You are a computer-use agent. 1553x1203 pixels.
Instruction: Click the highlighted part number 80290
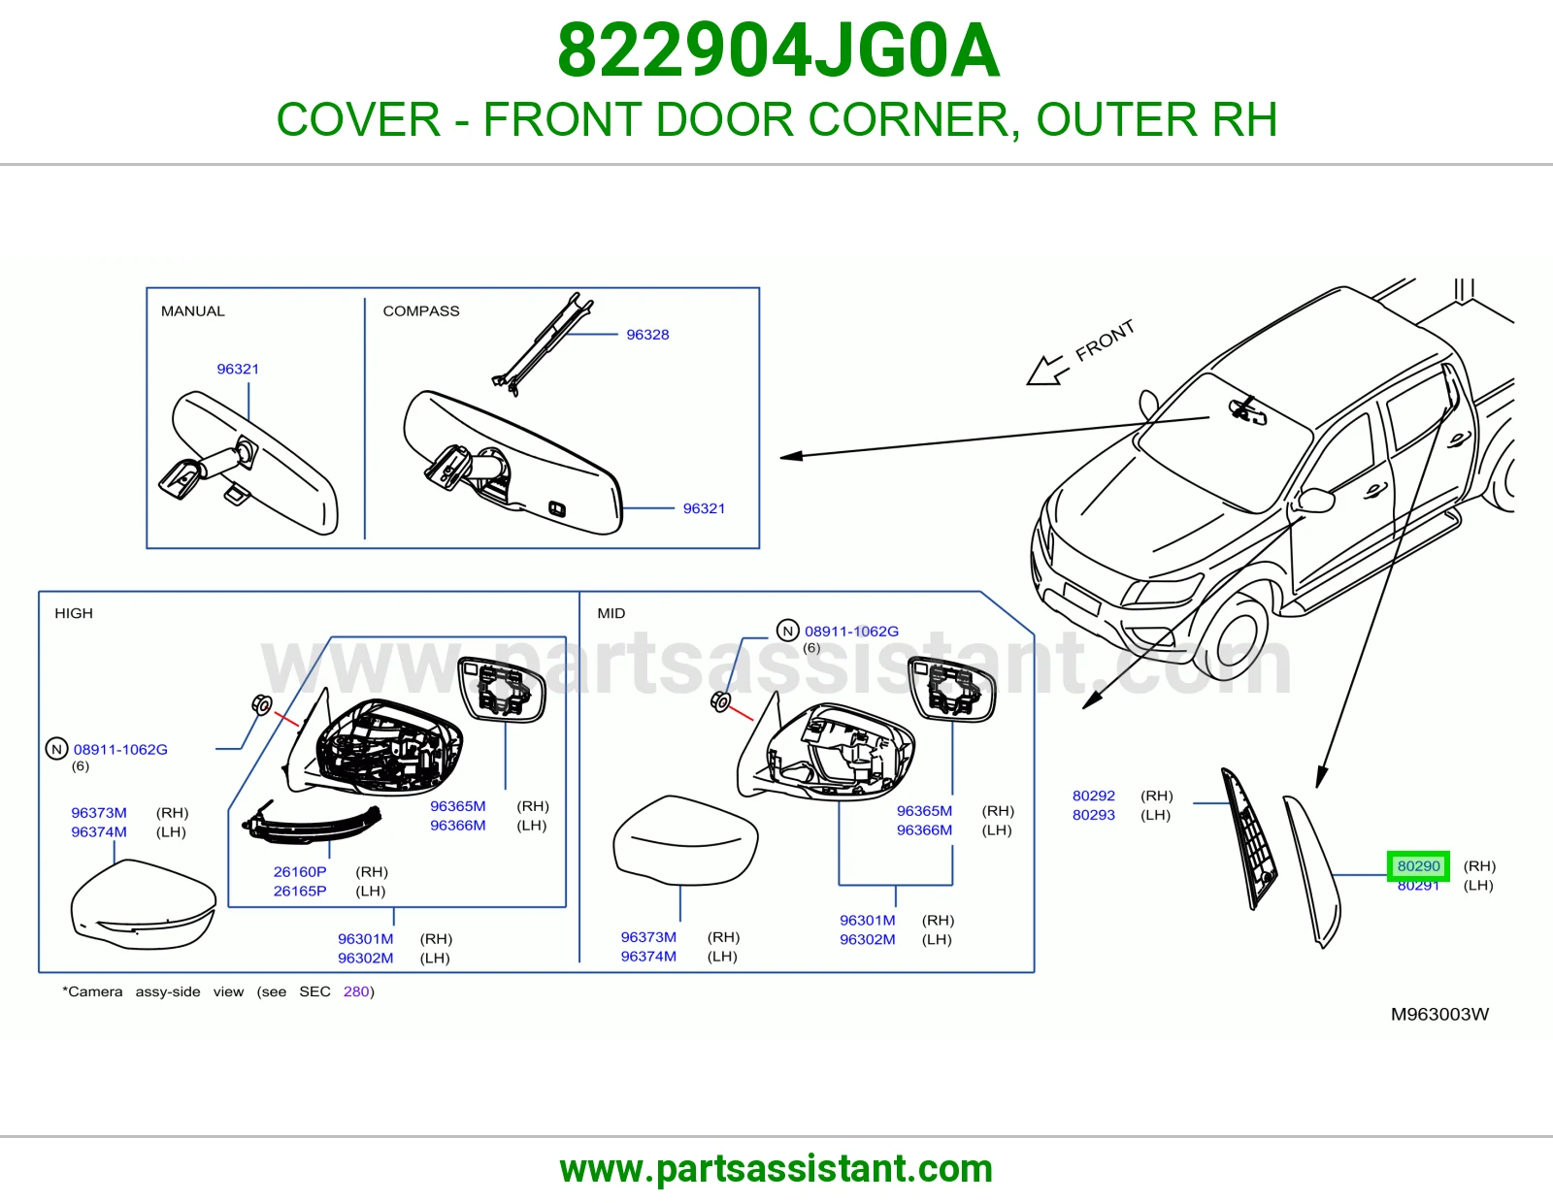coord(1418,865)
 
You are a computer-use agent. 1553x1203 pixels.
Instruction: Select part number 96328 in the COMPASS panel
coord(647,335)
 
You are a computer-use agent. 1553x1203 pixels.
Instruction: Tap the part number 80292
coord(1094,796)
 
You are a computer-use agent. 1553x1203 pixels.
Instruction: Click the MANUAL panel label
coord(193,310)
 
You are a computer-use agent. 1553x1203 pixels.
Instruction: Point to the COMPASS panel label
coord(421,310)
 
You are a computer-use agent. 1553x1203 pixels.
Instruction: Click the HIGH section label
coord(74,613)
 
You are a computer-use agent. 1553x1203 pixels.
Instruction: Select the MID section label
coord(611,613)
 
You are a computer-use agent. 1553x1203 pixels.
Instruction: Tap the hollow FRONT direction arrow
coord(1046,371)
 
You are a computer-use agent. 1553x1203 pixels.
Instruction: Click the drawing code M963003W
coord(1439,1015)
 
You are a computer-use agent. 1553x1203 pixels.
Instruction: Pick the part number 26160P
coord(300,871)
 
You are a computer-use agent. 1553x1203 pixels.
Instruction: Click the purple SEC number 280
coord(356,992)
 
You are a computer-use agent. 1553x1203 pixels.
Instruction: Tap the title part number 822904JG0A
coord(778,50)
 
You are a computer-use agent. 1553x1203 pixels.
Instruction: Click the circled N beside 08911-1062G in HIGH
coord(56,749)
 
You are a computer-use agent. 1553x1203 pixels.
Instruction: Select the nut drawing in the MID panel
coord(720,702)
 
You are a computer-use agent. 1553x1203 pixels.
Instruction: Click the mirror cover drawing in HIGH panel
coord(143,905)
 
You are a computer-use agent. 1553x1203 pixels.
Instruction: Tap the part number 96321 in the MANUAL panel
coord(238,369)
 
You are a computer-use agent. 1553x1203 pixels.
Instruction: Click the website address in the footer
coord(776,1169)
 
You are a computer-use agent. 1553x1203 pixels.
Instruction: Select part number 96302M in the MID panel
coord(867,939)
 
